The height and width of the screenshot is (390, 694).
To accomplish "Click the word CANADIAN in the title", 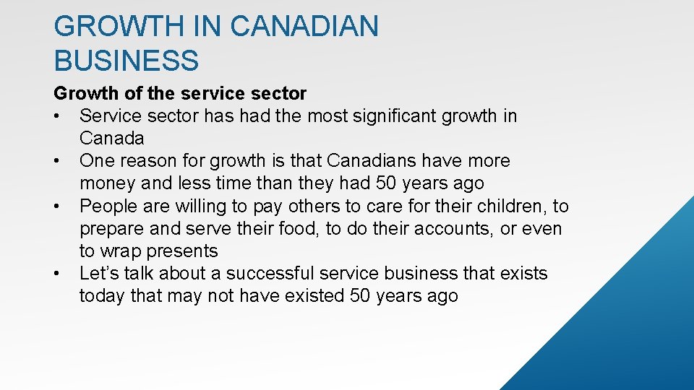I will click(304, 27).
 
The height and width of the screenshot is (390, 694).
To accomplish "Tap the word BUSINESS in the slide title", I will click(126, 60).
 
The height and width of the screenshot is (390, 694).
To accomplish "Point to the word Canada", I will click(112, 138).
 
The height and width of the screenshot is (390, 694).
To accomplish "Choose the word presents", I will click(181, 251).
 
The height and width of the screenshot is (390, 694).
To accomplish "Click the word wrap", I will click(120, 251).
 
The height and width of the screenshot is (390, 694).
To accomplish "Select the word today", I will click(100, 296).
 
